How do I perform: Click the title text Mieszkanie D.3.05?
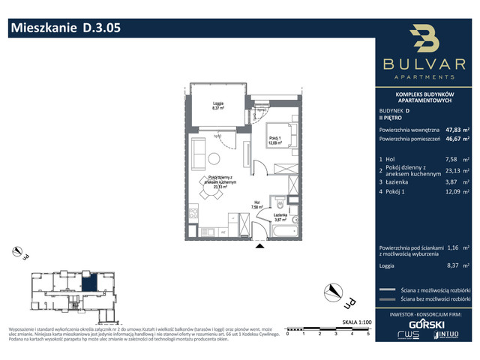pyautogui.click(x=64, y=29)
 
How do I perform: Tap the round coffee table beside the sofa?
pyautogui.click(x=214, y=158)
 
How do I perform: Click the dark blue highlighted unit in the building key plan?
pyautogui.click(x=88, y=283)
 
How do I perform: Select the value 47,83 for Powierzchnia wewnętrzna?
pyautogui.click(x=454, y=128)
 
